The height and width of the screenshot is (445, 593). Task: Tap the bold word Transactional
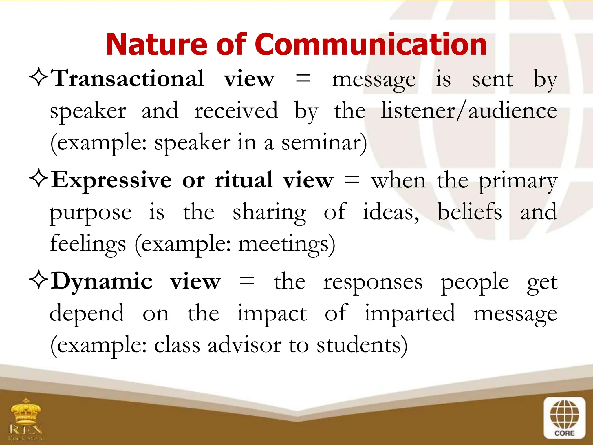[127, 79]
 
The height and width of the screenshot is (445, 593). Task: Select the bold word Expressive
[111, 180]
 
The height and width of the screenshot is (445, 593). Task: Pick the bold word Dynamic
[101, 281]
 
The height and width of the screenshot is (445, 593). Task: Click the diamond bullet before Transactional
[39, 78]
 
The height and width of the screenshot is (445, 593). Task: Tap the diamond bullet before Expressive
[39, 179]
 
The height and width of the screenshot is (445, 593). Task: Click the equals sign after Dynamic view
[247, 281]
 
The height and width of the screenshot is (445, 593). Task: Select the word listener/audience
[469, 111]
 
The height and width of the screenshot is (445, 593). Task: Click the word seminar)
[324, 143]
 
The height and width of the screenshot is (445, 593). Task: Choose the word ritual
[244, 180]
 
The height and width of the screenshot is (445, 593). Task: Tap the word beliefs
[469, 212]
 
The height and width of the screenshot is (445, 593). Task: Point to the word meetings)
[287, 244]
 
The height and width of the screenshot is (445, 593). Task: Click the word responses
[373, 282]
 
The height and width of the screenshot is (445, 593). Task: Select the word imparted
[409, 314]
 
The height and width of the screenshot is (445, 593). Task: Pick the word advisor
[245, 345]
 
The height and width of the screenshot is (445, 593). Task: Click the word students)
[362, 345]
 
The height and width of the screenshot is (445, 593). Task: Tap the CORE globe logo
[564, 417]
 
